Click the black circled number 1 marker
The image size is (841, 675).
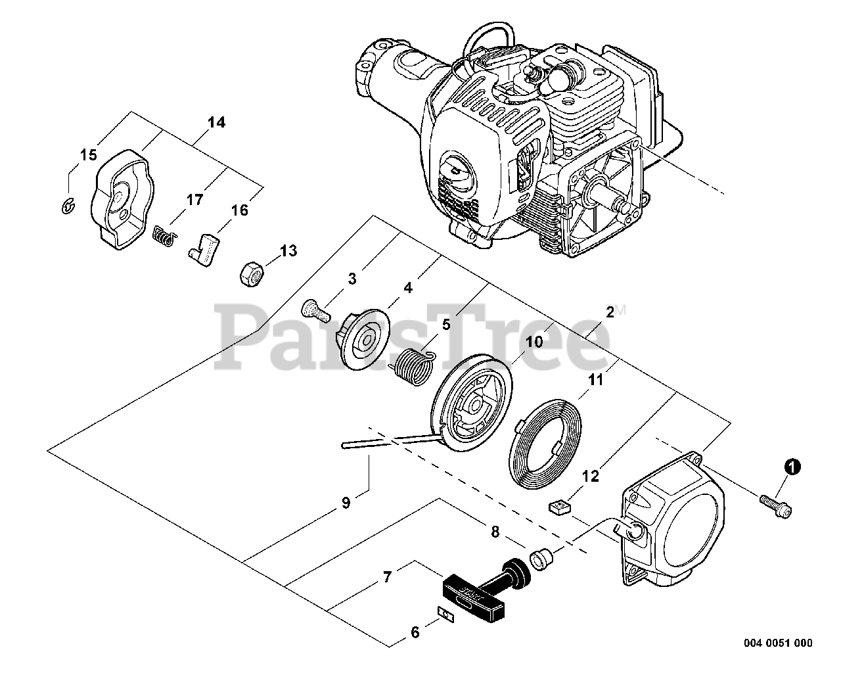click(793, 467)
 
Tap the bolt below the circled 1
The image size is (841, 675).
click(775, 505)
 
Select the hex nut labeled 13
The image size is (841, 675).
click(252, 272)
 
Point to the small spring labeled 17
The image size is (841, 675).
click(164, 236)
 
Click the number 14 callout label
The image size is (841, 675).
click(216, 123)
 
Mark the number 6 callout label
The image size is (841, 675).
click(414, 633)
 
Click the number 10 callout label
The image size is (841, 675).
click(535, 342)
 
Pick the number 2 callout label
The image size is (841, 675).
click(610, 312)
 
